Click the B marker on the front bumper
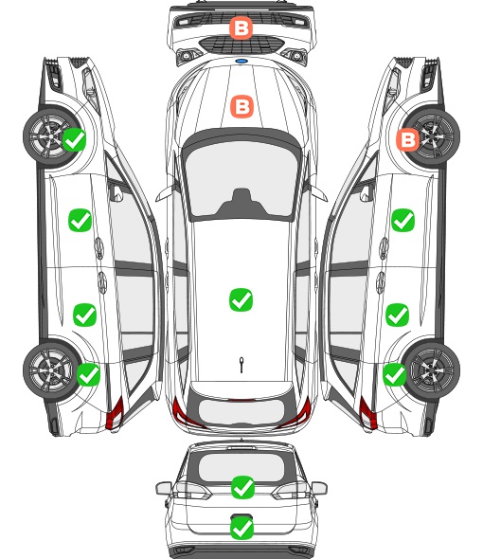pos(241,27)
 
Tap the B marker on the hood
pos(242,106)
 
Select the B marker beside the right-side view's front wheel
pos(407,139)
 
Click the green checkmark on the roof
pos(241,299)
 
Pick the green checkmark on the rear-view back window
pos(242,487)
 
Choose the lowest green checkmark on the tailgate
pos(242,528)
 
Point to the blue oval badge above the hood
pos(241,61)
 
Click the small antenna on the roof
pos(241,365)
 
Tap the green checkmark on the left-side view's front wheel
pos(74,139)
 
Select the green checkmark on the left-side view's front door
pos(80,221)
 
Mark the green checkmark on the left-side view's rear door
pos(85,315)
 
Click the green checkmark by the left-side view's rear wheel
pos(88,374)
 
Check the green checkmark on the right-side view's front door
pos(402,221)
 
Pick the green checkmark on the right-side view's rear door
pos(398,315)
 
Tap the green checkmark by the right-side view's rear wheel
pos(394,374)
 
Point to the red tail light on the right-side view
pos(367,413)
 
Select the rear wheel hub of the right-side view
pos(432,370)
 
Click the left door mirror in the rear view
pos(164,488)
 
